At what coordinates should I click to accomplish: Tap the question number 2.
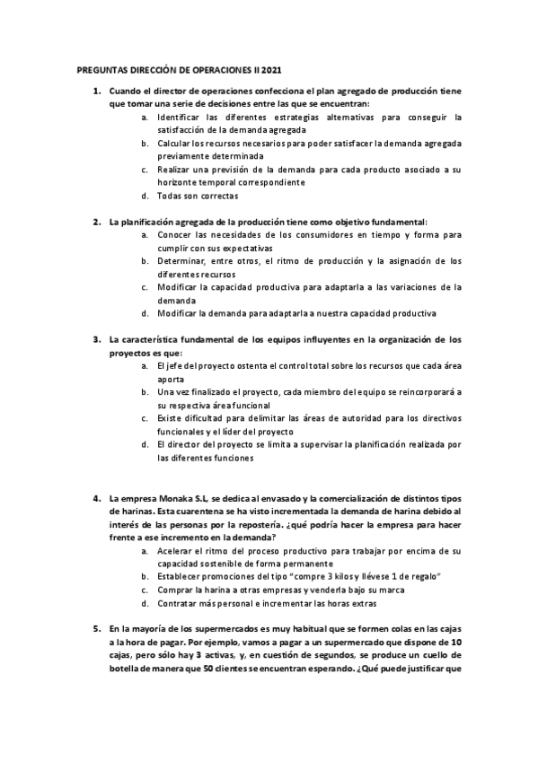(97, 222)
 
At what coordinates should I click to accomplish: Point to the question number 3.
(97, 339)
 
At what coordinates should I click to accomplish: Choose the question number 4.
(97, 497)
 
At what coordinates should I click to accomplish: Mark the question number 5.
(97, 629)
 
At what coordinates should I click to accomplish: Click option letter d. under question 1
(146, 196)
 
